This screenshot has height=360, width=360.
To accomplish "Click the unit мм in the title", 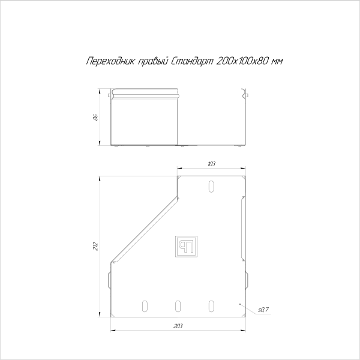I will (277, 61).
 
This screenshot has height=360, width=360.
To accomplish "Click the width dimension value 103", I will (211, 163).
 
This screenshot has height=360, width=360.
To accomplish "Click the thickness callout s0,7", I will (262, 310).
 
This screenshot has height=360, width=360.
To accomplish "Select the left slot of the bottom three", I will (143, 306).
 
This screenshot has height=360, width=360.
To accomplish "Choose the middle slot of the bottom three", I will (178, 306).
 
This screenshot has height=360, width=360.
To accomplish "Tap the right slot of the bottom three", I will (211, 306).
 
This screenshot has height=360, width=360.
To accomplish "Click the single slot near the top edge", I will (211, 187).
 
